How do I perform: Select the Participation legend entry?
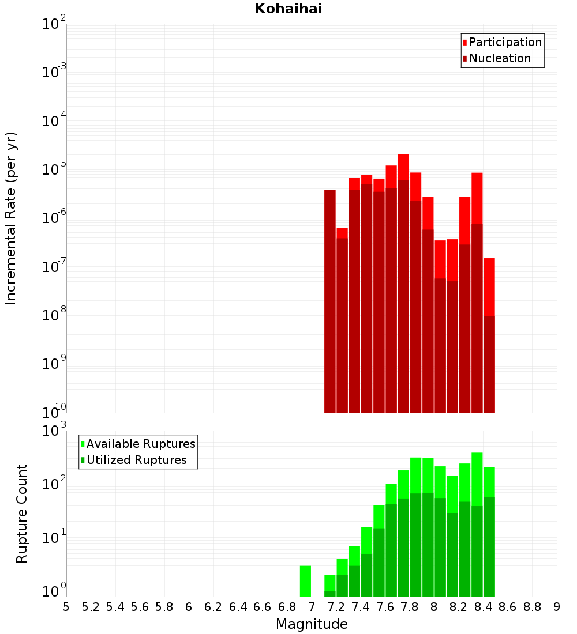point(505,43)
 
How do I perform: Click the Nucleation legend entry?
point(499,59)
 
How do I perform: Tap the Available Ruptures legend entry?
point(140,444)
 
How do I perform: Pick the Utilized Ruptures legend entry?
point(136,461)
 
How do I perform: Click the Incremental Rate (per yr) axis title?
point(11,218)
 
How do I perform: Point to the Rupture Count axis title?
point(22,514)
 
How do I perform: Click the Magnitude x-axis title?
point(312,624)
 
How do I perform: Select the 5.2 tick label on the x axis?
point(91,607)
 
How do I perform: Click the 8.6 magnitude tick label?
point(508,607)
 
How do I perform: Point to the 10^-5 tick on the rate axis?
point(54,169)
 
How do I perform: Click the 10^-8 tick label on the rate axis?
point(54,315)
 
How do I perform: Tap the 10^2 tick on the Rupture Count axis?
point(54,484)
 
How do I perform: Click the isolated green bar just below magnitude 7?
point(305,581)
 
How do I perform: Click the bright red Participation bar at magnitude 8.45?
point(489,286)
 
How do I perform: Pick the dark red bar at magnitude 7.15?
point(330,300)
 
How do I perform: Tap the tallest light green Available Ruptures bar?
point(477,478)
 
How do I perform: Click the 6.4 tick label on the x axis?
point(238,607)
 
